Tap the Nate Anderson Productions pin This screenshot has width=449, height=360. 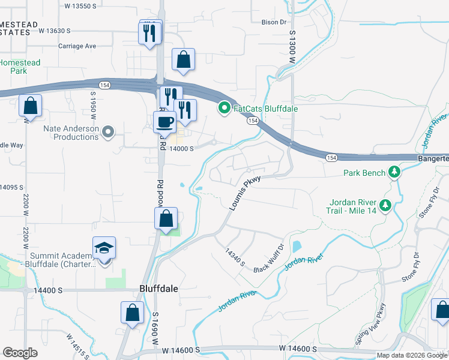(108, 131)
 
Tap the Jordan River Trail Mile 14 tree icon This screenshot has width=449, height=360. (385, 206)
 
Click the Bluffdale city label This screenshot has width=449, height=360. (158, 289)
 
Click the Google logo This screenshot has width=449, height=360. (20, 353)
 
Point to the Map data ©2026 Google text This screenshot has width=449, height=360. (412, 355)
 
